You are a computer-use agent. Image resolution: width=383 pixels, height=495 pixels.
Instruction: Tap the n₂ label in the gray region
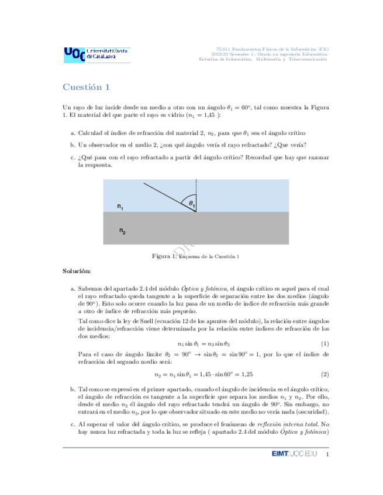tap(122, 231)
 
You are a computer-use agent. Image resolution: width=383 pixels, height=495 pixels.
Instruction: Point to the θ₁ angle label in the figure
tap(191, 203)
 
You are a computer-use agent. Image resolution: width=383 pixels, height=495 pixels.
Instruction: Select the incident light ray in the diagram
tap(167, 196)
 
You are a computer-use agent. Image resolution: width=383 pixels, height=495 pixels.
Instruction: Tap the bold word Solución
tap(77, 271)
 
